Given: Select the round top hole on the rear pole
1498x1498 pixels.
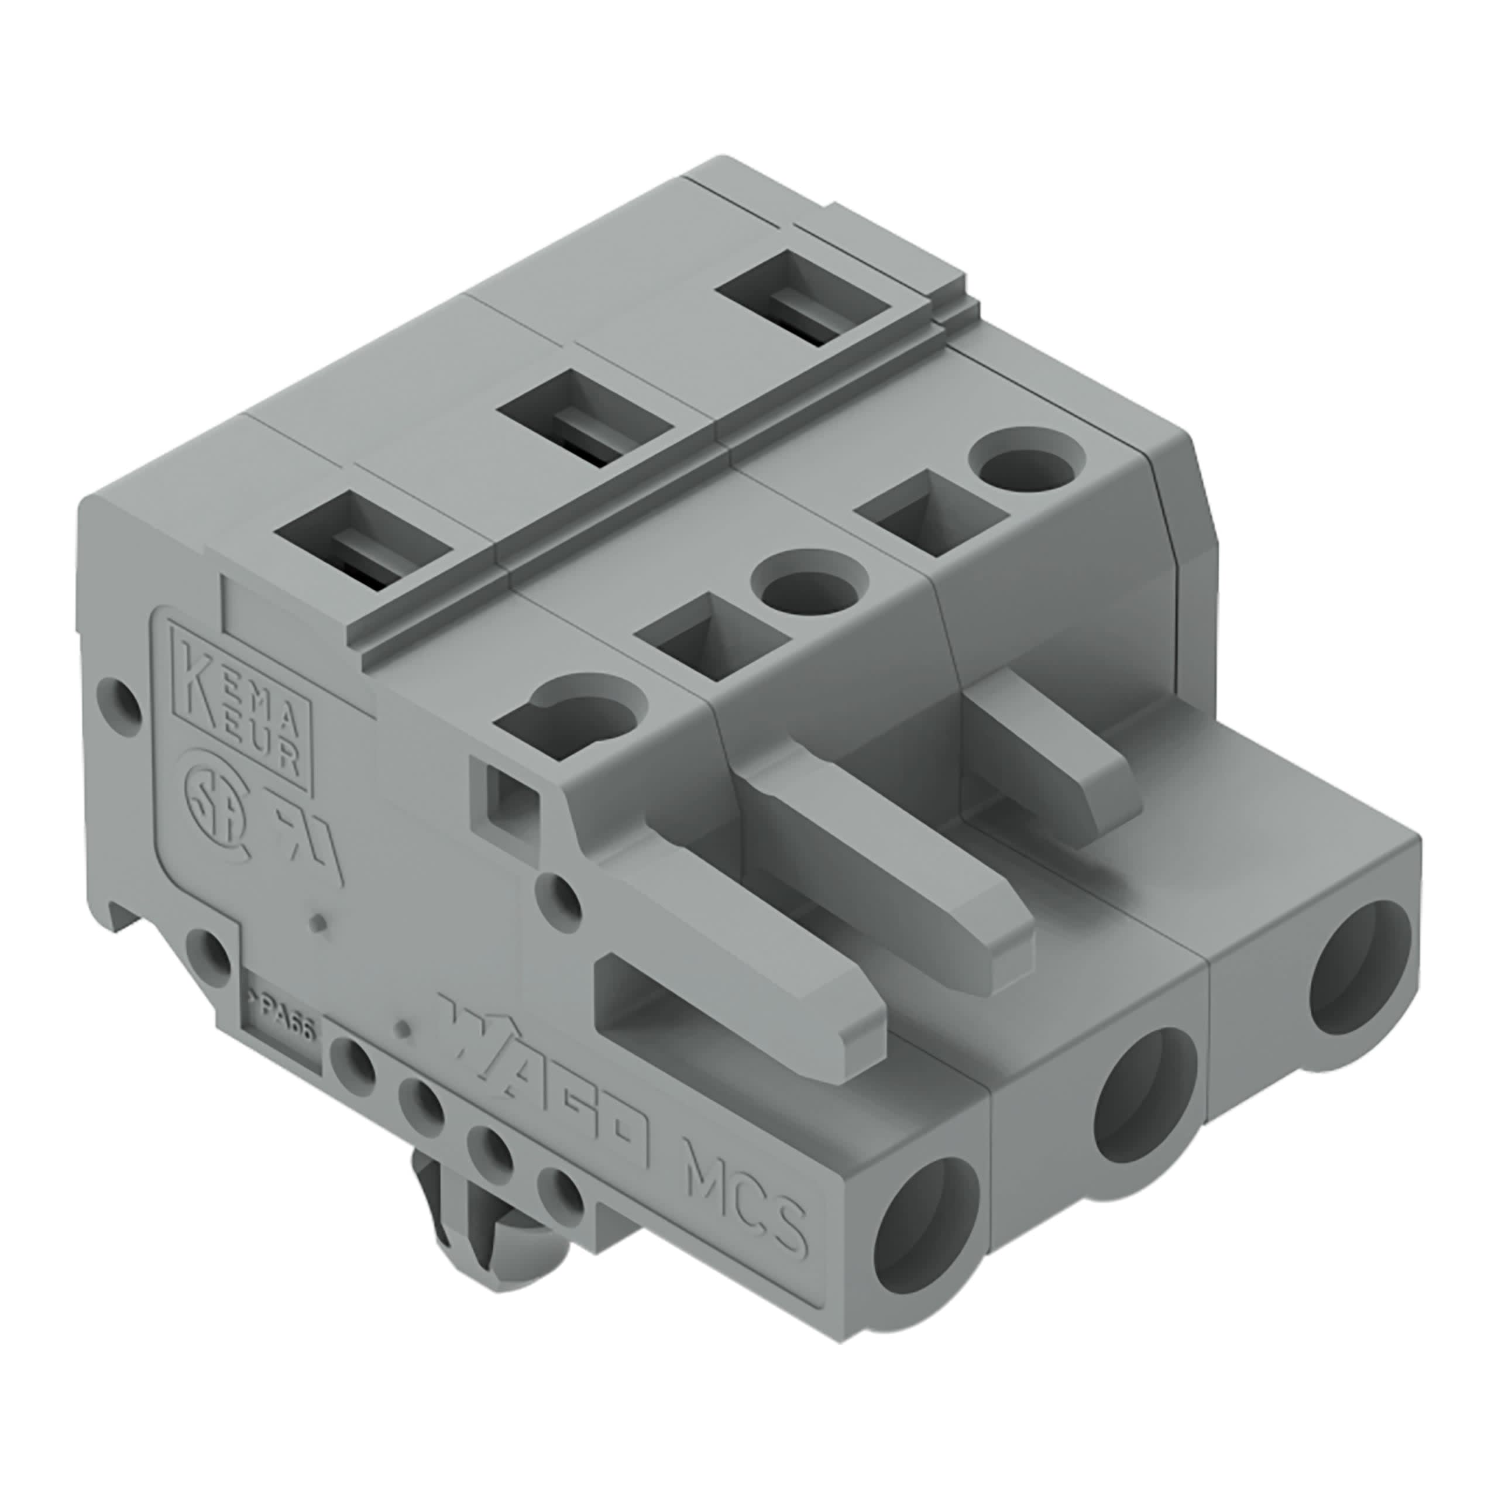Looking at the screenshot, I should tap(1028, 463).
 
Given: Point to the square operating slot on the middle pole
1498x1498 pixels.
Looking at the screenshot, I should tap(709, 636).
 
